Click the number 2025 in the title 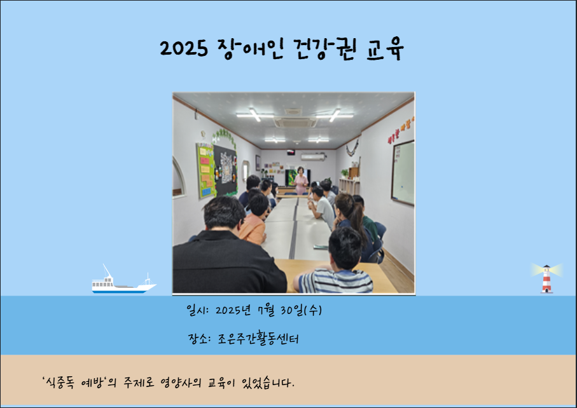pyautogui.click(x=184, y=48)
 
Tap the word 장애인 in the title pyautogui.click(x=251, y=48)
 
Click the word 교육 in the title pyautogui.click(x=385, y=48)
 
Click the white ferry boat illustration pyautogui.click(x=123, y=280)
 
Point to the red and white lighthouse pyautogui.click(x=547, y=279)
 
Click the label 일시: pyautogui.click(x=198, y=311)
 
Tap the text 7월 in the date pyautogui.click(x=267, y=311)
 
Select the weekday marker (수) pyautogui.click(x=313, y=311)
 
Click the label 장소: pyautogui.click(x=199, y=339)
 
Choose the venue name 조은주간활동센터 pyautogui.click(x=258, y=339)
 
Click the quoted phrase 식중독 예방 pyautogui.click(x=73, y=383)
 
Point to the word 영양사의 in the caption pyautogui.click(x=181, y=383)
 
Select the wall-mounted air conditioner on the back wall pyautogui.click(x=313, y=157)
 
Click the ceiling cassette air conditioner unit pyautogui.click(x=295, y=121)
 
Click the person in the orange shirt pyautogui.click(x=254, y=221)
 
